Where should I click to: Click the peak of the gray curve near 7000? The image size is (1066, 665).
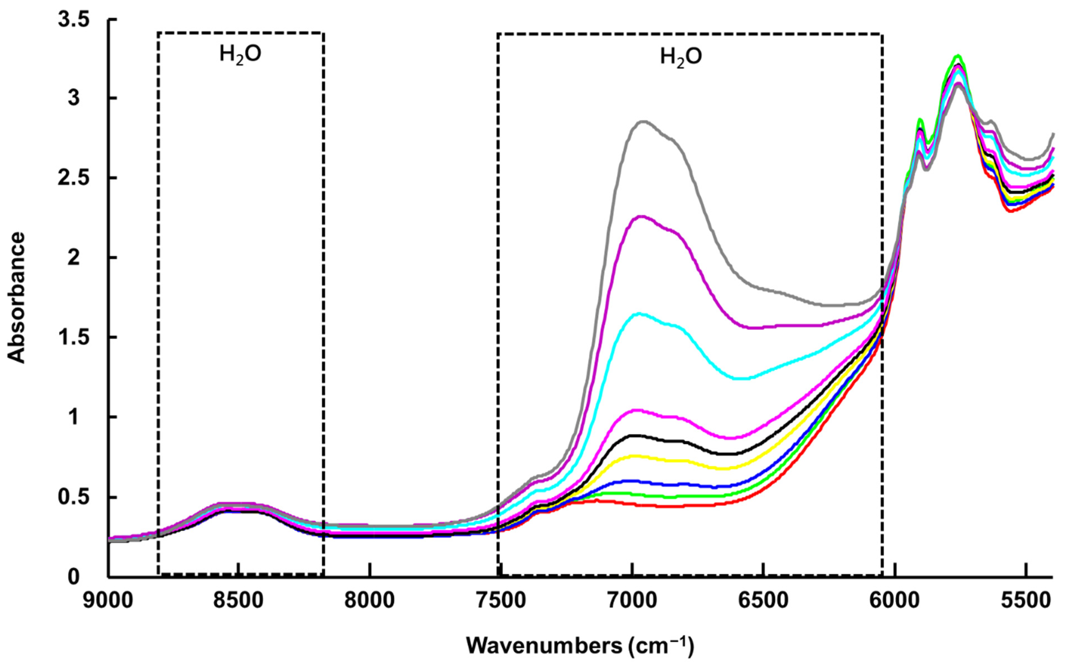(643, 122)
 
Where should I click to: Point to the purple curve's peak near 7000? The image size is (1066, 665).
(641, 216)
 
